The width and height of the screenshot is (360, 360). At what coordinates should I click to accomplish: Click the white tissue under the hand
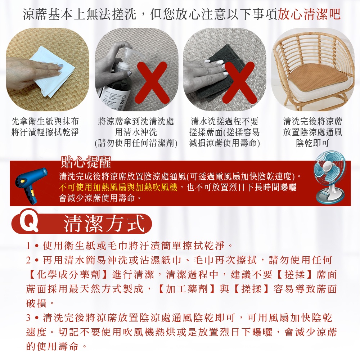pos(54,71)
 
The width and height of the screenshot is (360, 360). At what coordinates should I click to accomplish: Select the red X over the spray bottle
pos(151,83)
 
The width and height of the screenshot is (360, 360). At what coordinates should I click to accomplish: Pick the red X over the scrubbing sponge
pos(239,83)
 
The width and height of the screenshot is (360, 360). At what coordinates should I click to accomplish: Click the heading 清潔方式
pos(104,224)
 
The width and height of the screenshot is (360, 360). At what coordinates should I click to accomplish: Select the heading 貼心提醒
pos(86,162)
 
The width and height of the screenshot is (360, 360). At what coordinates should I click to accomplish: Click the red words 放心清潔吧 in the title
pos(309,14)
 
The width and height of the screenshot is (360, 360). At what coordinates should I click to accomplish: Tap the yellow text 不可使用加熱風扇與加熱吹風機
pos(118,187)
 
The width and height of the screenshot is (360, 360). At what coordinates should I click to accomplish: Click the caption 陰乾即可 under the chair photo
pos(312,143)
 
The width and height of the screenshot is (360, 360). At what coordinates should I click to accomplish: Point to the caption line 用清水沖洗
pos(136,132)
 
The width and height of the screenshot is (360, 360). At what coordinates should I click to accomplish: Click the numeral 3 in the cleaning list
pos(28,318)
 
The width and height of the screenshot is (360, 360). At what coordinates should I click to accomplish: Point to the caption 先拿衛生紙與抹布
pos(45,121)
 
